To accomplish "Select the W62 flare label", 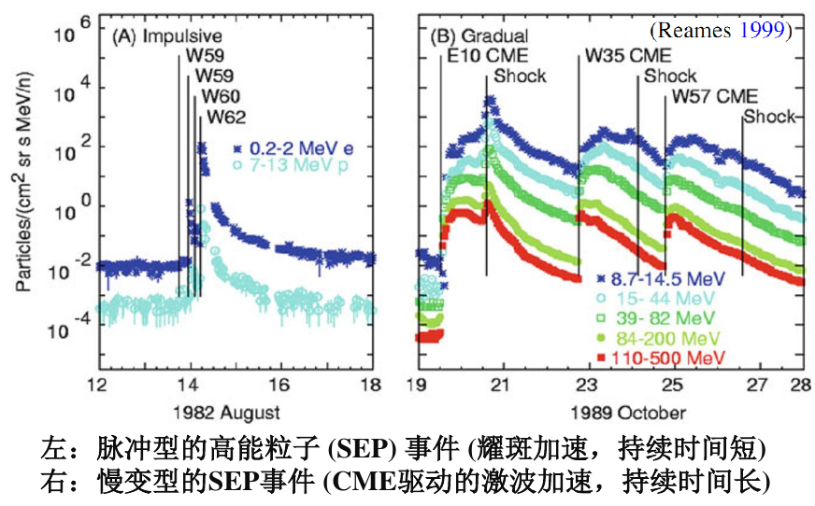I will click(x=227, y=118).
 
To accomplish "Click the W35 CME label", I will click(x=621, y=57).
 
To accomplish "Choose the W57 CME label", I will click(x=715, y=96).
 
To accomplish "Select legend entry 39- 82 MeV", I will click(x=657, y=318).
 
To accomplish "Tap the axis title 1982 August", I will click(x=234, y=412).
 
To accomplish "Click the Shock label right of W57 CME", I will click(x=768, y=117).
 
